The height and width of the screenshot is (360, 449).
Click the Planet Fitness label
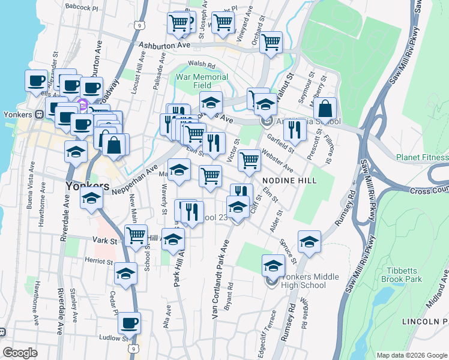pos(422,157)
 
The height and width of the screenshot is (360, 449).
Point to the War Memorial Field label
pos(202,81)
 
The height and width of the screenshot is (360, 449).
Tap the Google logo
pos(20,353)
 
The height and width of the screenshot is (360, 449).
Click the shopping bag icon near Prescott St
pos(325,110)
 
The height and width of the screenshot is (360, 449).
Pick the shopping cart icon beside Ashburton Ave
pos(271,42)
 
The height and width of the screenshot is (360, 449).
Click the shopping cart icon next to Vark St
pos(136,235)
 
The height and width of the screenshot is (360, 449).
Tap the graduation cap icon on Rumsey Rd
pos(309,242)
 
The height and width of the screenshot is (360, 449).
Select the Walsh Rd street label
pos(201,64)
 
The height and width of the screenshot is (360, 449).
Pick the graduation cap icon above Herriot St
pos(125,274)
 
